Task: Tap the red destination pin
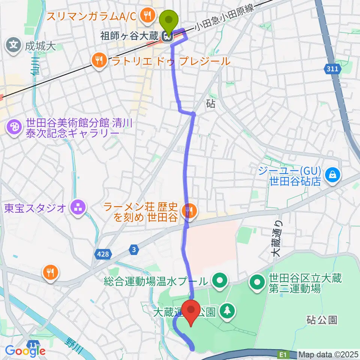click(x=192, y=313)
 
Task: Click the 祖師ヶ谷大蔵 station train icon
click(x=166, y=36)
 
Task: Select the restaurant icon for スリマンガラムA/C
click(x=145, y=15)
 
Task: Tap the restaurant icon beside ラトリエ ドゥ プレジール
click(x=99, y=60)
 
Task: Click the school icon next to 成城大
click(x=13, y=46)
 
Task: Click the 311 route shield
click(x=331, y=69)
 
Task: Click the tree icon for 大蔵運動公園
click(x=227, y=310)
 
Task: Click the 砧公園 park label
click(x=322, y=319)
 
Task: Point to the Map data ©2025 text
click(x=328, y=354)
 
